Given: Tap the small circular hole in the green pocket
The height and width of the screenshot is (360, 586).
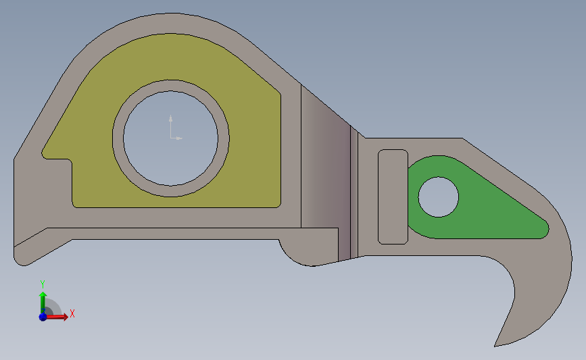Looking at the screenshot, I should pyautogui.click(x=439, y=197).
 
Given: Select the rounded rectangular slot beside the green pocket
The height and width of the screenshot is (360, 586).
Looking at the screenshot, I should pyautogui.click(x=392, y=197).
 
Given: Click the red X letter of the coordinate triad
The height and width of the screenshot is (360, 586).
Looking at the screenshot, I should pyautogui.click(x=72, y=313).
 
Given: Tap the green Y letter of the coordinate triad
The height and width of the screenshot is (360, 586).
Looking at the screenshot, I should pyautogui.click(x=42, y=284).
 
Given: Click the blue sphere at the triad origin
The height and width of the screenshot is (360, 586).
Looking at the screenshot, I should pyautogui.click(x=43, y=316).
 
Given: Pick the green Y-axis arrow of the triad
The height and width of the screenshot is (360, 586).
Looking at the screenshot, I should pyautogui.click(x=43, y=301).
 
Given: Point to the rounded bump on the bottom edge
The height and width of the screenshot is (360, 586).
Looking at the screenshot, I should pyautogui.click(x=297, y=257).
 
